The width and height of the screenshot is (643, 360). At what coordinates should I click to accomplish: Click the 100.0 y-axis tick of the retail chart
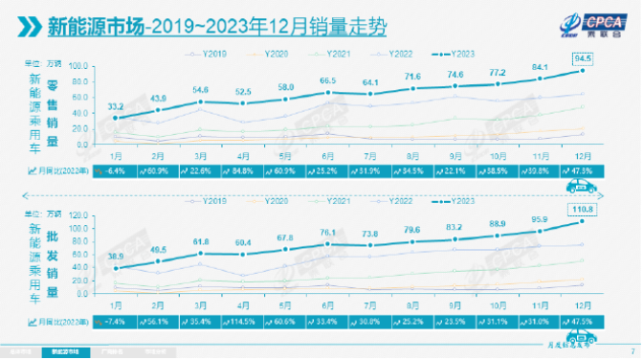(79, 66)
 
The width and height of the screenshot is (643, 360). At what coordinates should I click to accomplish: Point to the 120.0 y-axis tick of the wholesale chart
(79, 216)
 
